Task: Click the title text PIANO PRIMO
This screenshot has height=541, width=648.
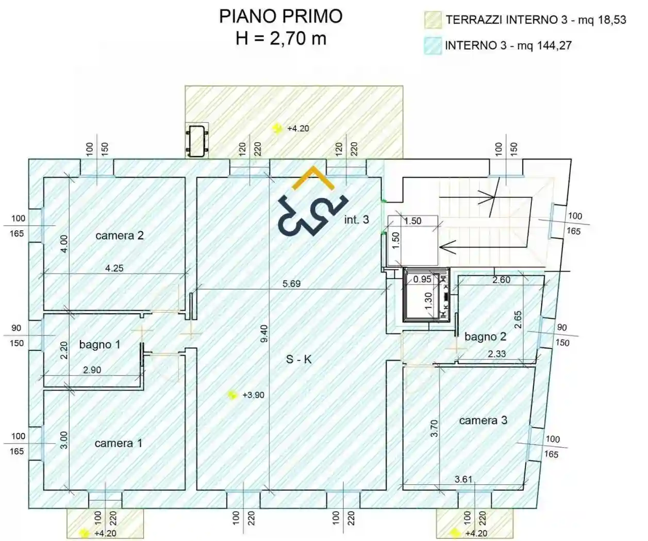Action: tap(280, 16)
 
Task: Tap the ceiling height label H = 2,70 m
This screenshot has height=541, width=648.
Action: tap(280, 39)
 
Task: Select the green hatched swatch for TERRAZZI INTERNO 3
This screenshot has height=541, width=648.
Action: tap(433, 20)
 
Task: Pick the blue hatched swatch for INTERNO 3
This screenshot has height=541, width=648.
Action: tap(433, 46)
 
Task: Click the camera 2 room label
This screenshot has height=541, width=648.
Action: tap(120, 235)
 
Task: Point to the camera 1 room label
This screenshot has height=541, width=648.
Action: tap(118, 443)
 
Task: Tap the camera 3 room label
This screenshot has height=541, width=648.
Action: tap(483, 420)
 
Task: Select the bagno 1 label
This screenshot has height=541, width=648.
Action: tap(99, 344)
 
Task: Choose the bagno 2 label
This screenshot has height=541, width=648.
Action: tap(485, 336)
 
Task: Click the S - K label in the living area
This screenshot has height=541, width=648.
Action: tap(299, 359)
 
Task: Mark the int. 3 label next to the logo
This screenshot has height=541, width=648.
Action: tap(357, 219)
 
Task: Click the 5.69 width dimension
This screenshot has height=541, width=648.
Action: tap(291, 283)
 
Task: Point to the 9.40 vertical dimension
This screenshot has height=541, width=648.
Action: tap(264, 333)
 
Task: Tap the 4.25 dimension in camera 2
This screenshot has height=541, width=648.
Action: tap(114, 268)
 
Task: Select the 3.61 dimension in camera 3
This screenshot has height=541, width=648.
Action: tap(463, 479)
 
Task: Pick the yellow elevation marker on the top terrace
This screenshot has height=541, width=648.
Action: tap(278, 128)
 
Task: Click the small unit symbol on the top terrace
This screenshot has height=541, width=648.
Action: tap(197, 140)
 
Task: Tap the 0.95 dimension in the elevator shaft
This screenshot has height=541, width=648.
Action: tap(422, 279)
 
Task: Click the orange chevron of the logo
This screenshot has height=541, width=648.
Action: tap(313, 178)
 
